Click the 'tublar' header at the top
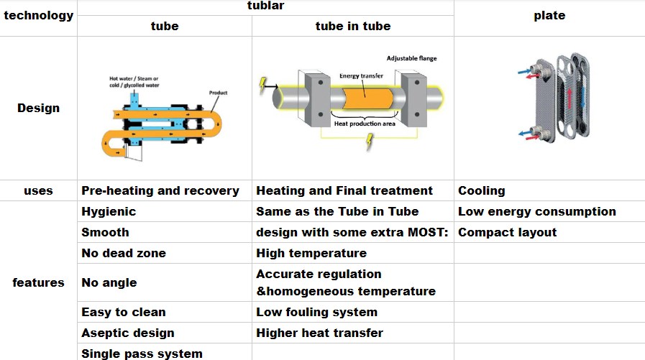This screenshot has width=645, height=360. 266,6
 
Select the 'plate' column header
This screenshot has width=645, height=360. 549,16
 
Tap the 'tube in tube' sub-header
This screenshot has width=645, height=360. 353,27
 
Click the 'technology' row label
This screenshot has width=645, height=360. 39,15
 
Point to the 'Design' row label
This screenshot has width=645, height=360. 39,109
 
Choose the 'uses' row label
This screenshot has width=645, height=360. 39,191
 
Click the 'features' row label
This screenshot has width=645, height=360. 39,282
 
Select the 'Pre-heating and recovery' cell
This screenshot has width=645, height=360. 160,191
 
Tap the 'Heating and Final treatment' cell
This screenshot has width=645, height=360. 344,191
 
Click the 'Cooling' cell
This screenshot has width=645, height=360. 482,191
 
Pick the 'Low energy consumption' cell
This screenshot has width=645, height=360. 537,212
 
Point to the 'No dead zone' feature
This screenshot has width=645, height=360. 124,254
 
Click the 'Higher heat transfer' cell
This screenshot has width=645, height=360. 320,333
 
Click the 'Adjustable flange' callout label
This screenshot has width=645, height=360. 411,58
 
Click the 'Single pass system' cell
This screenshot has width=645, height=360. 142,354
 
